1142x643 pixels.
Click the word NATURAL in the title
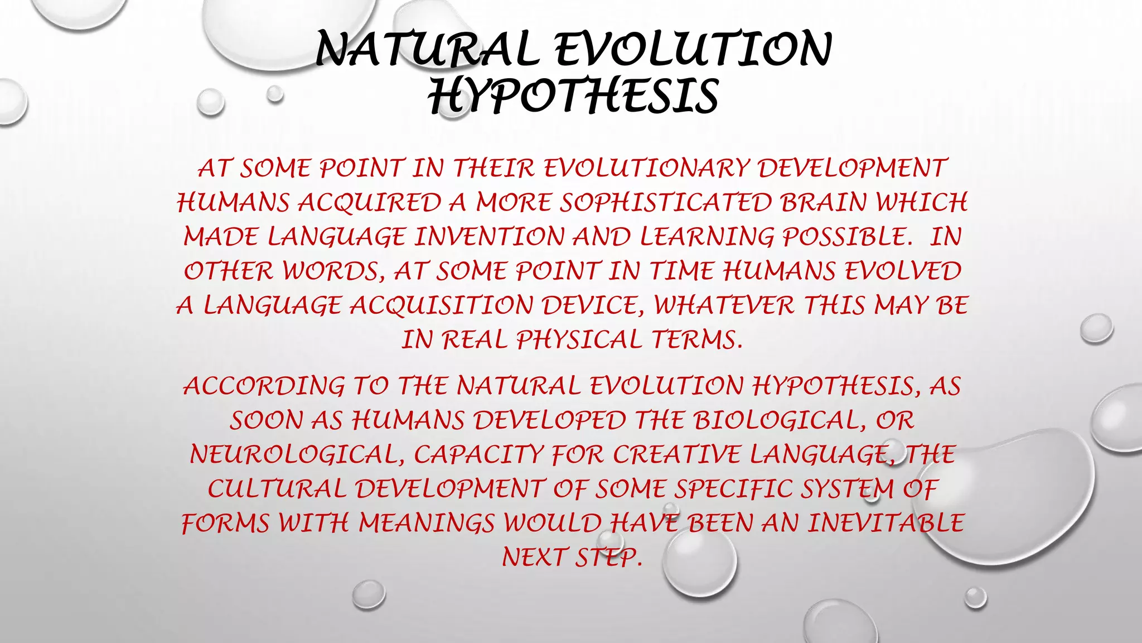click(427, 50)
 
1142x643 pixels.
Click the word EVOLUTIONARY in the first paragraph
click(646, 169)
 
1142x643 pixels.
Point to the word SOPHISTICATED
click(665, 203)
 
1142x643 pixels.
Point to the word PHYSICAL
click(579, 340)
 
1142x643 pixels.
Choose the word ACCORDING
click(264, 386)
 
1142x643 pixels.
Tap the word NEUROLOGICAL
click(297, 455)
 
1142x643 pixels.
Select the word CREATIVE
click(677, 455)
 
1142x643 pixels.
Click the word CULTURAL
click(277, 490)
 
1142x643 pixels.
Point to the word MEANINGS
click(426, 524)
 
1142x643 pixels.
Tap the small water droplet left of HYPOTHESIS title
click(210, 102)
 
